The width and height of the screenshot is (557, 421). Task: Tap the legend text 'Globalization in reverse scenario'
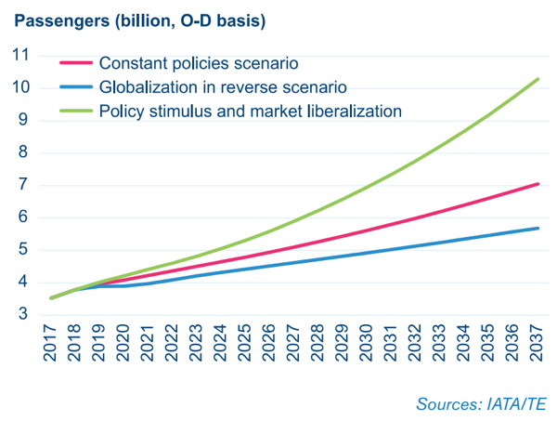[x=223, y=87]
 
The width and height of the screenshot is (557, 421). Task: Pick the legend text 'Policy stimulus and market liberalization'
[x=250, y=111]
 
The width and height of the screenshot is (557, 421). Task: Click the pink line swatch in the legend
[x=75, y=64]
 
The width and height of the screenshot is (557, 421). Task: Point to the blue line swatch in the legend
[x=75, y=87]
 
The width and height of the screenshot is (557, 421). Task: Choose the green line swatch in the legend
[x=75, y=111]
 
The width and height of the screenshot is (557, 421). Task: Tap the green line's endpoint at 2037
[x=538, y=79]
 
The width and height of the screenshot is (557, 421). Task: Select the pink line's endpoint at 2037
[x=538, y=184]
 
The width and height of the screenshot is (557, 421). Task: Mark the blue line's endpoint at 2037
[x=538, y=229]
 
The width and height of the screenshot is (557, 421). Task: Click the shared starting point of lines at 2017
[x=51, y=298]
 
